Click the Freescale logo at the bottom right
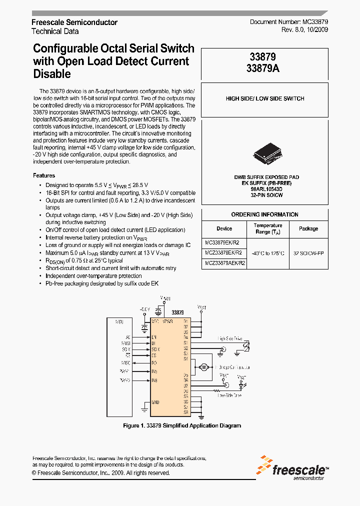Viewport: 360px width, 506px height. point(293,467)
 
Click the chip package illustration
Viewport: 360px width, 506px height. point(265,151)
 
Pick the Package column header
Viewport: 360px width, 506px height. point(308,228)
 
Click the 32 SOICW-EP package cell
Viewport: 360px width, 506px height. point(308,253)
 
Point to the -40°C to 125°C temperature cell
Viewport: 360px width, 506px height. point(268,253)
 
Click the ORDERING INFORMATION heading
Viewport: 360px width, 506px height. point(265,214)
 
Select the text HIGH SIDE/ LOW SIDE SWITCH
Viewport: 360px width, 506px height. point(265,98)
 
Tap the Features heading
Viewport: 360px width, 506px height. point(44,175)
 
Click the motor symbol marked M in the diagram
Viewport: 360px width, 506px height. point(203,367)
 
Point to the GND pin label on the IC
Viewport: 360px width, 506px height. point(155,401)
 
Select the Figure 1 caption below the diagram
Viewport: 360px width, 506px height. point(182,425)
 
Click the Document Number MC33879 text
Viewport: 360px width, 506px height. point(289,22)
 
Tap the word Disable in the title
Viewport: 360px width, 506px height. point(51,74)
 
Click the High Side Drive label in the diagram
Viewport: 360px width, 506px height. point(230,338)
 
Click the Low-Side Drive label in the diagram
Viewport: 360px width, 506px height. point(229,395)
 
